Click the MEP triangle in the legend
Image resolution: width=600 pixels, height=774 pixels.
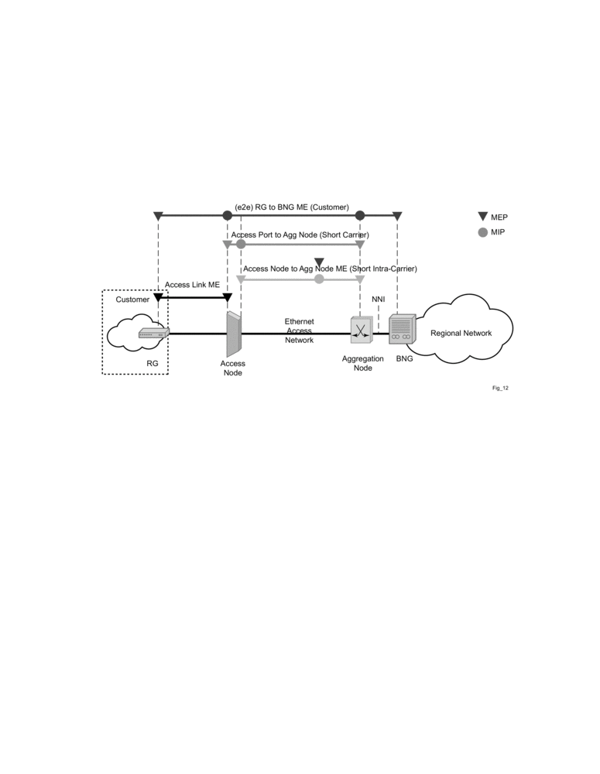(482, 217)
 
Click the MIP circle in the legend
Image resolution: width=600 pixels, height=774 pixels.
(482, 232)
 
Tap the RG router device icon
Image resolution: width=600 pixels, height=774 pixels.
(153, 333)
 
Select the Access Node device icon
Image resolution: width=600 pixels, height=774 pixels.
(234, 334)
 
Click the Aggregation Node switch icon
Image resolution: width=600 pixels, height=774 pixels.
(360, 330)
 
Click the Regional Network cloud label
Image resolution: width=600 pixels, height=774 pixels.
(462, 333)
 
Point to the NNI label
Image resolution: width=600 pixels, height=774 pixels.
(379, 299)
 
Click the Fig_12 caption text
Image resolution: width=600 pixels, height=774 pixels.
(500, 388)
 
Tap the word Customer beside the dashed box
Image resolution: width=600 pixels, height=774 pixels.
(132, 299)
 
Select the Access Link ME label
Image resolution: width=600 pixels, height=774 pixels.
(192, 285)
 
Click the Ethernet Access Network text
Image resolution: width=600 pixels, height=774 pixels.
(299, 330)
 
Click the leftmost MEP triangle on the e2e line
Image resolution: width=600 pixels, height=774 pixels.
(158, 216)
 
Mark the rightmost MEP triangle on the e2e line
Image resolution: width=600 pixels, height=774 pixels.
(397, 216)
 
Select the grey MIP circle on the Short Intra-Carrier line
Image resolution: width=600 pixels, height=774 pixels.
(319, 279)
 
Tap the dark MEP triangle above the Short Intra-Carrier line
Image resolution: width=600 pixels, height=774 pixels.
(319, 262)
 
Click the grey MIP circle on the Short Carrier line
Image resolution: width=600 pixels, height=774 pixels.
(241, 244)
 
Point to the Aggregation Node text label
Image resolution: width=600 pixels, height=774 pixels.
(362, 363)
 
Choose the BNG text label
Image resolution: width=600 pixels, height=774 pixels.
(404, 358)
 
